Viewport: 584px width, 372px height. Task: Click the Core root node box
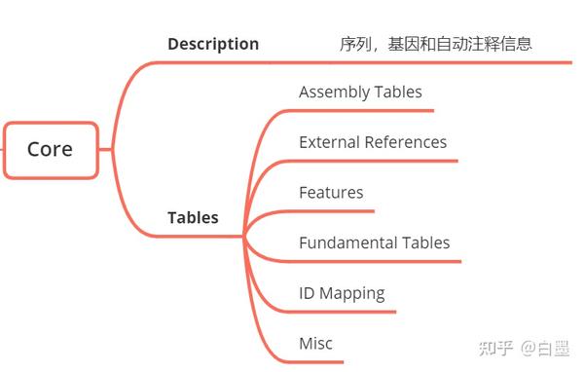tap(51, 150)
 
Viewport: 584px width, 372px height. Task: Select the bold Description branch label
tap(213, 44)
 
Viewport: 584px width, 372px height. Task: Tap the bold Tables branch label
tap(193, 217)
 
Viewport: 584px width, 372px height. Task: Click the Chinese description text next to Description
tap(435, 44)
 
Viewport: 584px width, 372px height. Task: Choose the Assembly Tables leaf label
tap(360, 93)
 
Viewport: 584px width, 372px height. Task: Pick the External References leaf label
tap(373, 142)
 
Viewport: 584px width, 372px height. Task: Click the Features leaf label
tap(331, 193)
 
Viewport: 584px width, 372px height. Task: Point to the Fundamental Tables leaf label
tap(374, 242)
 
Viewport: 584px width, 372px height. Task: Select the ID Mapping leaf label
tap(342, 293)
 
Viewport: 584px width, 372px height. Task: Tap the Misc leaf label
tap(315, 344)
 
